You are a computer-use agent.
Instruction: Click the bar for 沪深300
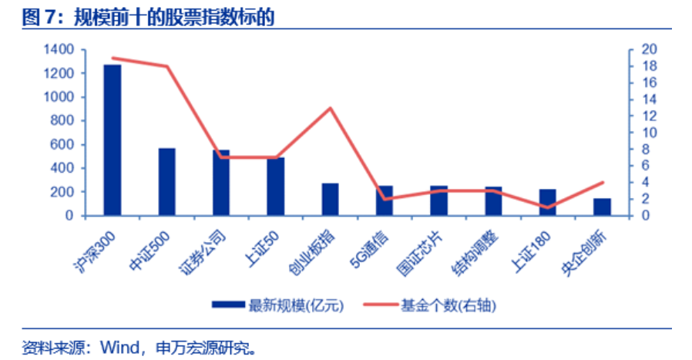coord(113,140)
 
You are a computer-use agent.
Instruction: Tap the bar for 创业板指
coord(330,199)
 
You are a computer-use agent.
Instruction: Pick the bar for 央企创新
coord(602,207)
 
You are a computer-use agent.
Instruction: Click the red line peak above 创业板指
coord(331,108)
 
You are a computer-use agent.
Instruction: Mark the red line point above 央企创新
coord(603,183)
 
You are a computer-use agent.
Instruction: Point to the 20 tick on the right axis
coord(649,50)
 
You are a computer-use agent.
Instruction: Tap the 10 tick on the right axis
coord(649,133)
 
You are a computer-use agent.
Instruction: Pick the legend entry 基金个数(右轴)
coord(448,305)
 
